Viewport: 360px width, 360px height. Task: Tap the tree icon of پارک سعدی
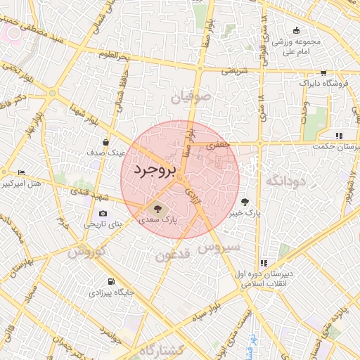157,208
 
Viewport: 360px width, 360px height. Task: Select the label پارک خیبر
247,212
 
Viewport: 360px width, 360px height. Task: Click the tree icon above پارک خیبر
244,200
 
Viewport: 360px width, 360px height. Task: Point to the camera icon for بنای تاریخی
103,213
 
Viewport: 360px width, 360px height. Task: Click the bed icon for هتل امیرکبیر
21,173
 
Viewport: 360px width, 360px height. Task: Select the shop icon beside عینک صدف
105,141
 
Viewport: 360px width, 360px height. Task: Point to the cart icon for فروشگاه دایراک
323,72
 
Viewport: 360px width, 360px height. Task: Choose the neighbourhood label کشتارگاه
162,350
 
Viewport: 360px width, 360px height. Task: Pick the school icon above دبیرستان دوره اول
264,262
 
